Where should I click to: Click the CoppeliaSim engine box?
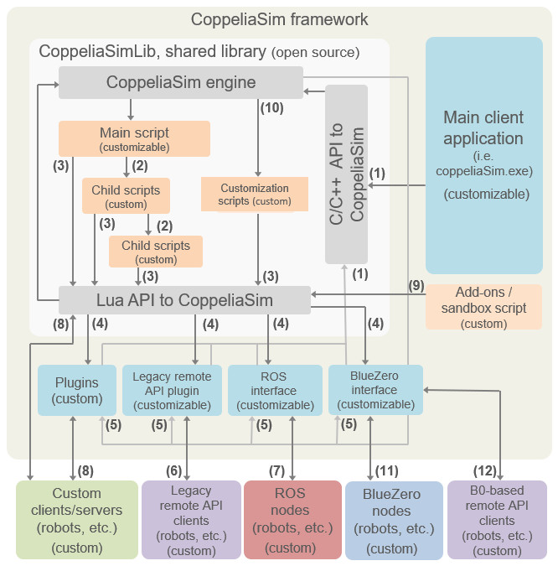point(181,82)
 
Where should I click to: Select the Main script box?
point(134,138)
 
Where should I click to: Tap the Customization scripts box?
point(255,195)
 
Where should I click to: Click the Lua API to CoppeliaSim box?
point(184,300)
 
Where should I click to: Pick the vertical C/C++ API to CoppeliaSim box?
point(346,174)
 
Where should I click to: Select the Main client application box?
point(484,155)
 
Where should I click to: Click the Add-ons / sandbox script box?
point(483,307)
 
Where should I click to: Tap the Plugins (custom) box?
point(77,390)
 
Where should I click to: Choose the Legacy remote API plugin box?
point(172,390)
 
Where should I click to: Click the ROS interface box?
point(275,390)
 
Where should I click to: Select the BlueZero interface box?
point(375,390)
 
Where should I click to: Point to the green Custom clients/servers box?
point(77,520)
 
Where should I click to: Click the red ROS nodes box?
point(292,520)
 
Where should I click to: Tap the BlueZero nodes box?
point(394,520)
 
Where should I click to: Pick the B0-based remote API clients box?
point(497,520)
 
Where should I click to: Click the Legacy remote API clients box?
point(191,520)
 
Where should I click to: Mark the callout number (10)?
point(272,108)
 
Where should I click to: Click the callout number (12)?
point(485,471)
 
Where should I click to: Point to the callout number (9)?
point(416,286)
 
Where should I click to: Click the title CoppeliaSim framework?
point(280,19)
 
